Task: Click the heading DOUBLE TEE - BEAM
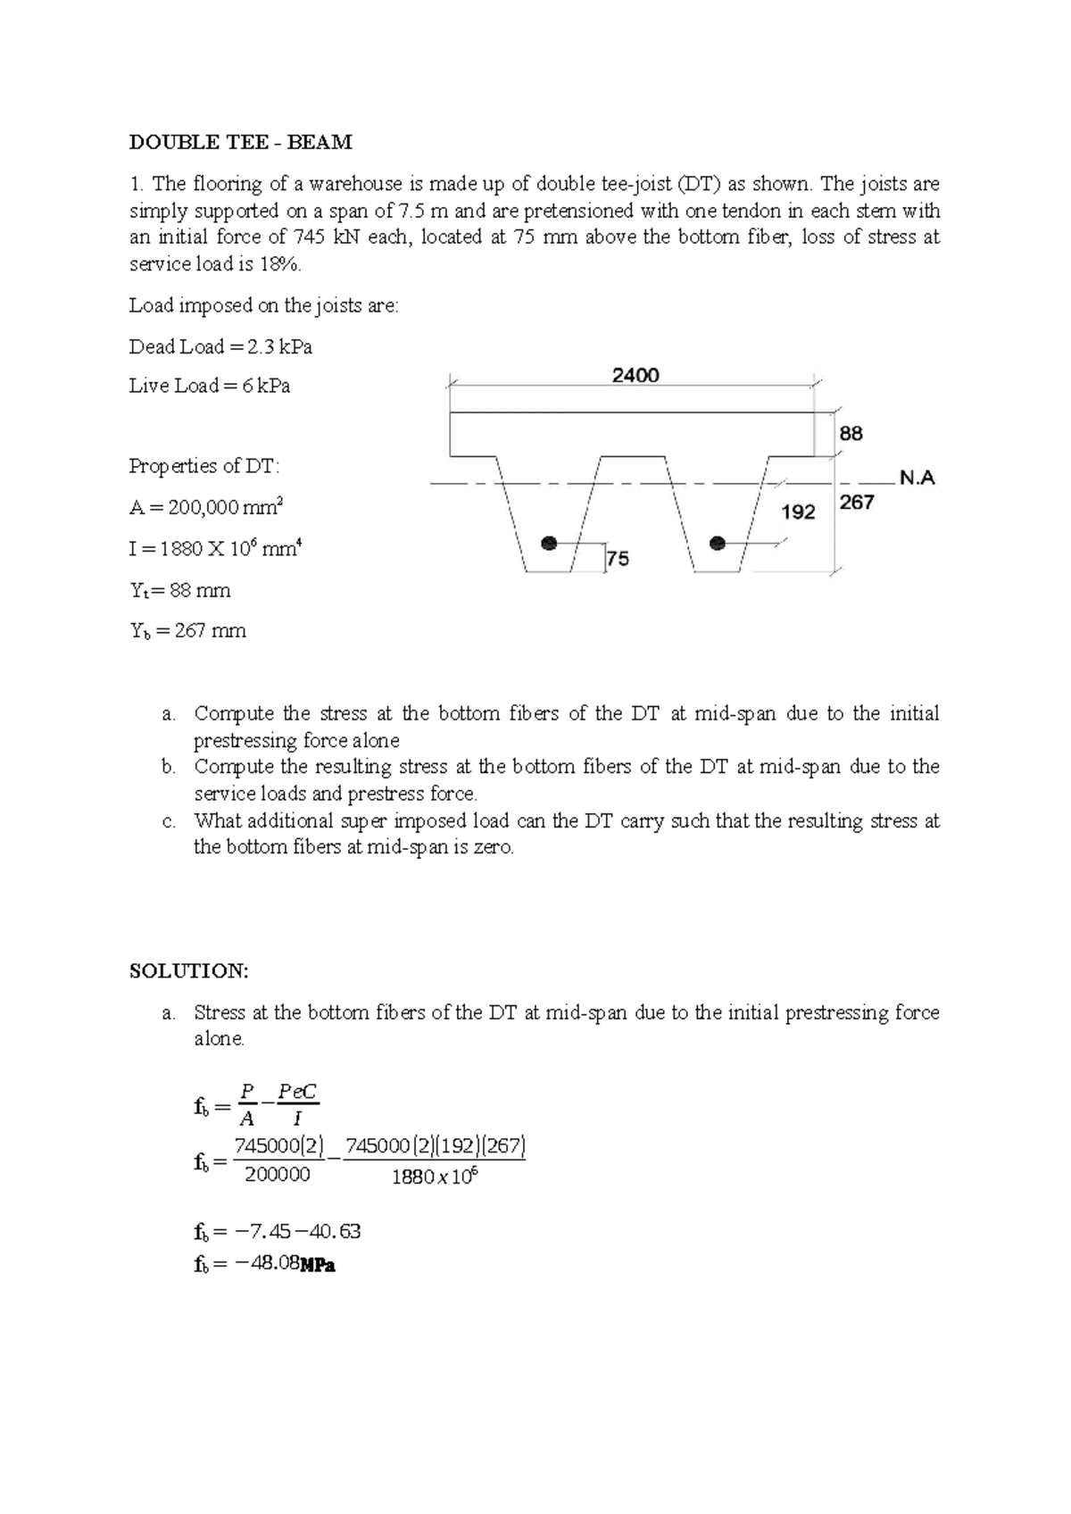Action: pos(241,142)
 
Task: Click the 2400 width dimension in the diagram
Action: pos(635,375)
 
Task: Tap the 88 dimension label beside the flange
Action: pos(851,433)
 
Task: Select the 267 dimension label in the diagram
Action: pos(857,503)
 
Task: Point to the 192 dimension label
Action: pos(798,512)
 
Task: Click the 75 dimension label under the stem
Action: pos(618,559)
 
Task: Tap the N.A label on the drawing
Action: pos(917,478)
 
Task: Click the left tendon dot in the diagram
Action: pos(550,543)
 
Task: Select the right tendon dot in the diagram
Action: pos(716,543)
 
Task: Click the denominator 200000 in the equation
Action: pos(277,1175)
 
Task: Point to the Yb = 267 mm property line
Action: pos(187,631)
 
